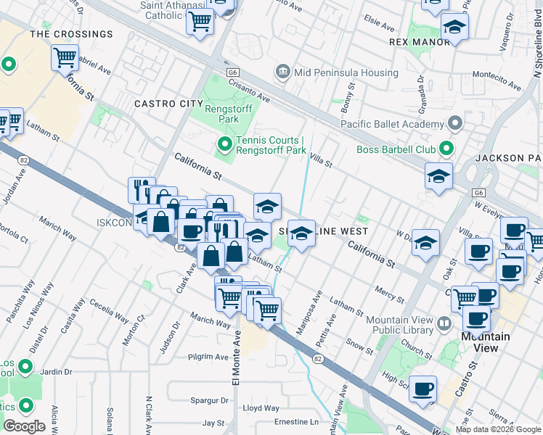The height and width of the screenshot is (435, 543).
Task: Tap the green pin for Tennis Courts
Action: pyautogui.click(x=225, y=146)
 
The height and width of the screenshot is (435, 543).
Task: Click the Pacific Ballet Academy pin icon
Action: pyautogui.click(x=455, y=123)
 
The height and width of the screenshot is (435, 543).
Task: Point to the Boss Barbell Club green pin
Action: pyautogui.click(x=446, y=150)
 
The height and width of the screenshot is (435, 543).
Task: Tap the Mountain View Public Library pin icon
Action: pyautogui.click(x=444, y=321)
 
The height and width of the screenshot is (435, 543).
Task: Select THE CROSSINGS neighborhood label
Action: pyautogui.click(x=71, y=34)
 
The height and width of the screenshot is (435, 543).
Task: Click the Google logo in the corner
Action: pyautogui.click(x=24, y=426)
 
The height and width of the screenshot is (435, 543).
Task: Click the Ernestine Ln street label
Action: pyautogui.click(x=296, y=421)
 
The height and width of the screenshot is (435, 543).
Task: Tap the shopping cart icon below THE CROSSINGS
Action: pyautogui.click(x=65, y=58)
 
